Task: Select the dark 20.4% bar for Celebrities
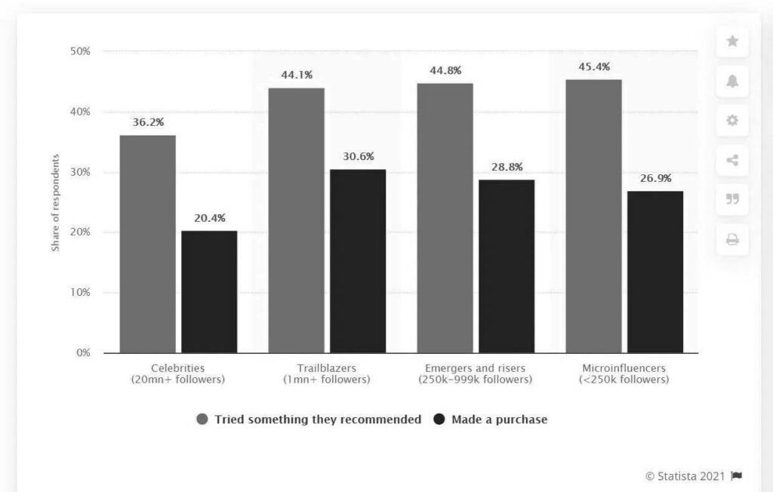coord(209,291)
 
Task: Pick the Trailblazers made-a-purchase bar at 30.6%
coord(358,261)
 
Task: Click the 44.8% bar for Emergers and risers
coord(445,218)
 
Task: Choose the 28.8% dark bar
coord(507,266)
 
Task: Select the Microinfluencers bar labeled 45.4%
coord(594,216)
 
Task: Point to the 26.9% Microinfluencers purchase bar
coord(655,272)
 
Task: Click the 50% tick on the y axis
coord(80,51)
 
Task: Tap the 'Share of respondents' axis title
coord(56,202)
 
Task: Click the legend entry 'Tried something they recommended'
coord(310,420)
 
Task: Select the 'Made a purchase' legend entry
coord(491,420)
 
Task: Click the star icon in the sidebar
coord(732,42)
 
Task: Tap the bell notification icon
coord(732,81)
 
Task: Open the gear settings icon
coord(732,121)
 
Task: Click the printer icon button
coord(732,240)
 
